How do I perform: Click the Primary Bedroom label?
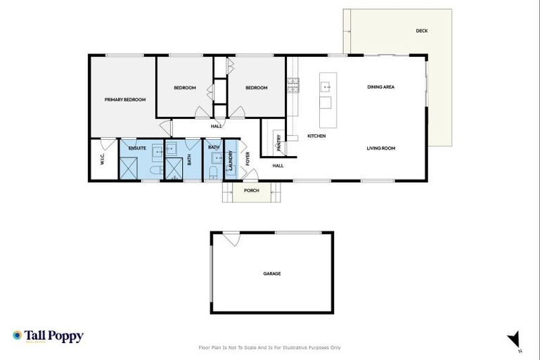point(125,100)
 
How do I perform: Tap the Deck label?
point(422,31)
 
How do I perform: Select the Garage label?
point(272,274)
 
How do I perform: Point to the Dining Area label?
point(380,87)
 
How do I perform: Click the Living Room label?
point(381,148)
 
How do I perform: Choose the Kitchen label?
point(316,136)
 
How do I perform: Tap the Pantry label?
point(279,143)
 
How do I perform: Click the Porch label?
point(251,191)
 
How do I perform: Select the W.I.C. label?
point(102,160)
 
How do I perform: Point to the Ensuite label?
point(136,148)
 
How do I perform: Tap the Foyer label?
point(247,158)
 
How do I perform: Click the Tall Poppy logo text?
point(54,336)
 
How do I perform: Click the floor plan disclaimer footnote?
point(270,347)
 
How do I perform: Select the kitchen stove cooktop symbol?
point(293,86)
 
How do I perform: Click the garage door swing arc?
point(231,239)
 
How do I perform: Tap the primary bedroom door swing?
point(166,128)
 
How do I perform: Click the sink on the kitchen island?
point(326,87)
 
